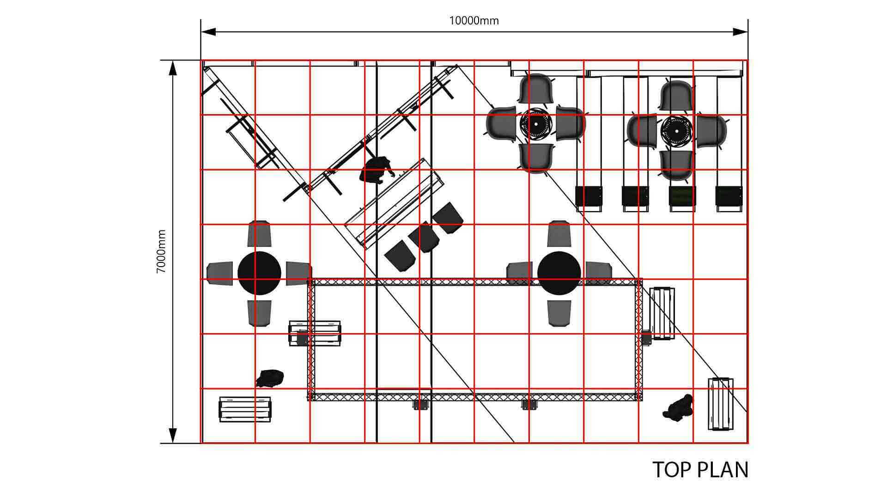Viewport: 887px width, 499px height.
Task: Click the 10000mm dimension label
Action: click(x=474, y=21)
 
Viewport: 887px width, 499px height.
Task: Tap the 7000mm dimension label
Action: click(x=161, y=251)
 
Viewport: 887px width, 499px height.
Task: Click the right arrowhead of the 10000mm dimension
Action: click(x=741, y=32)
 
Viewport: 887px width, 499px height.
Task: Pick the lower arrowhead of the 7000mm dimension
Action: click(x=173, y=436)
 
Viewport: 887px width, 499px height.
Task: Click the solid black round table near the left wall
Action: click(x=259, y=273)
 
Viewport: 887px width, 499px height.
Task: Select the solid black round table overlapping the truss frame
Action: click(x=559, y=273)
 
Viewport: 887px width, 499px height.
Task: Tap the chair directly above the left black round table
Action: click(x=259, y=234)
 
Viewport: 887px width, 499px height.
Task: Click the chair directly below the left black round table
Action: click(x=259, y=313)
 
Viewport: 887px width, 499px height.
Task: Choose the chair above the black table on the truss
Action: click(x=559, y=234)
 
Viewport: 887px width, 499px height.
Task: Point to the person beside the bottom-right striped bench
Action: click(x=678, y=408)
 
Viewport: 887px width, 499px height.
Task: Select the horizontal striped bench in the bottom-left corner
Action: click(x=245, y=409)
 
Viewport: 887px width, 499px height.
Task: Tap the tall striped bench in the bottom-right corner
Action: click(x=721, y=404)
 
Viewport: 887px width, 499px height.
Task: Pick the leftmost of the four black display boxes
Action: click(x=589, y=196)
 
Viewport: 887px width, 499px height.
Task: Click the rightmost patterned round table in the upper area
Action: click(x=676, y=129)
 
